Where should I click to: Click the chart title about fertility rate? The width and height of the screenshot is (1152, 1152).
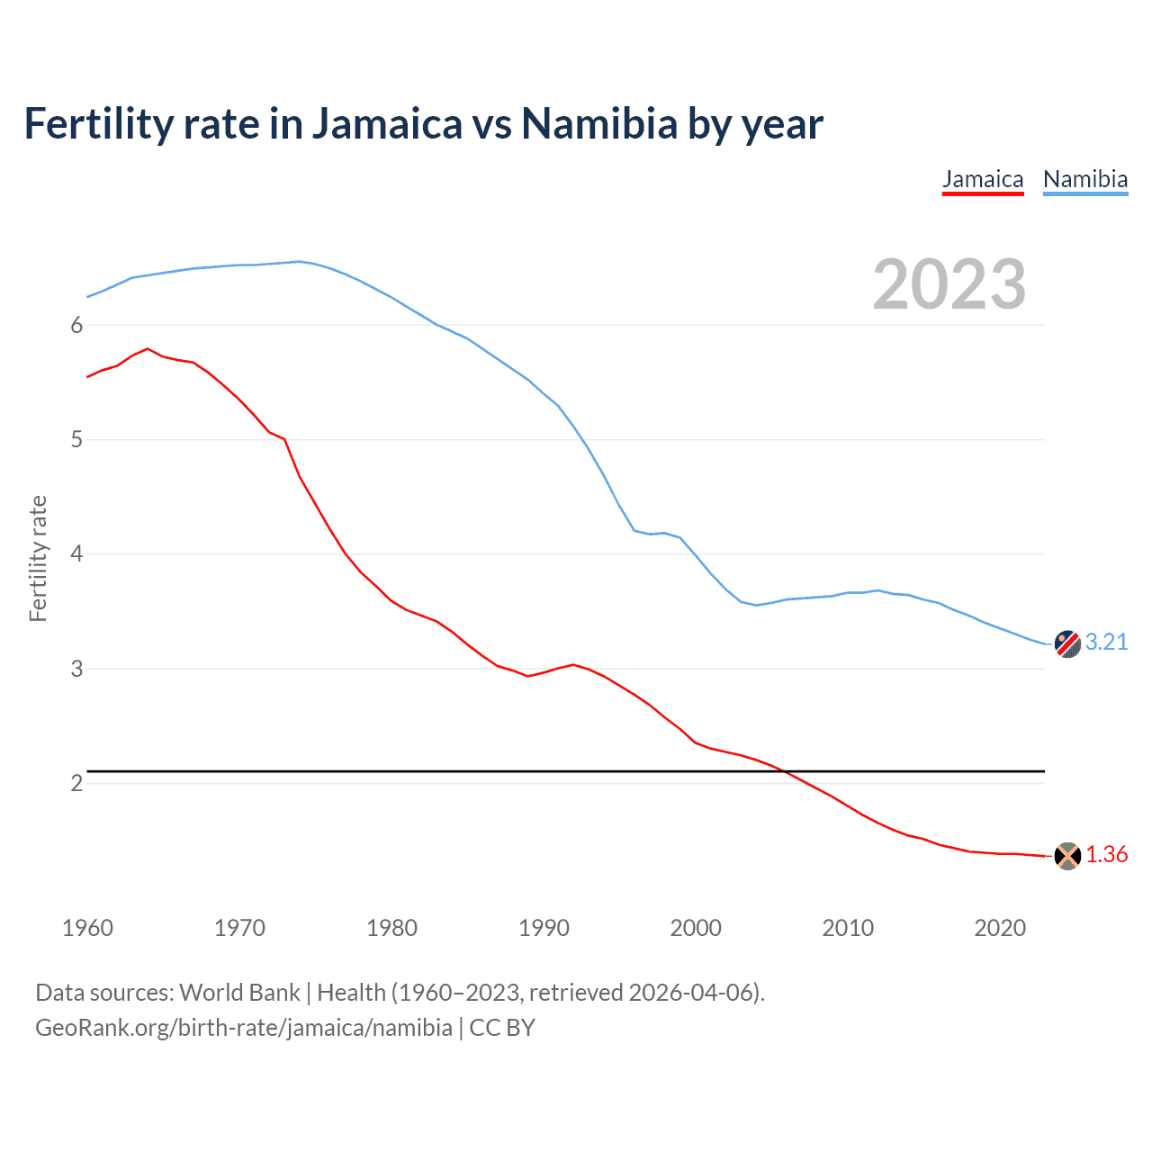click(x=423, y=124)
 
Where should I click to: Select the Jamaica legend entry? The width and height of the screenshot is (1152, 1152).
click(x=983, y=179)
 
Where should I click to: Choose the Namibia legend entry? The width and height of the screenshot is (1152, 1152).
click(x=1085, y=179)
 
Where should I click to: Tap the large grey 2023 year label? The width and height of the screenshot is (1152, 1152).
click(x=949, y=284)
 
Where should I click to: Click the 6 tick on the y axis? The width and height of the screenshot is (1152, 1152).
click(x=76, y=325)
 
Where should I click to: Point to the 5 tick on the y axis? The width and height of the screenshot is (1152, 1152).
click(x=76, y=439)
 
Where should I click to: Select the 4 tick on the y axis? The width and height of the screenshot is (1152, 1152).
click(x=76, y=553)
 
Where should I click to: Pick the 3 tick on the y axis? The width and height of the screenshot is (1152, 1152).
click(x=76, y=669)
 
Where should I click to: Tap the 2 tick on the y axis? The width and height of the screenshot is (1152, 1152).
click(x=76, y=783)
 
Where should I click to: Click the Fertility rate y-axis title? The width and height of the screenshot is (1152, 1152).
click(x=38, y=558)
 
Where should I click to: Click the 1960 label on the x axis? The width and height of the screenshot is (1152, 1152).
click(x=87, y=928)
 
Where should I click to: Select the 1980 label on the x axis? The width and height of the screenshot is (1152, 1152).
click(x=391, y=928)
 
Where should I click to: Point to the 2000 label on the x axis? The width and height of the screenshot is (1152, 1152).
click(x=696, y=928)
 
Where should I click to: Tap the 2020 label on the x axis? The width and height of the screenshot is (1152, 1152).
click(x=1000, y=928)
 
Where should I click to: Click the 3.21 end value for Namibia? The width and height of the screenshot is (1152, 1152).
click(x=1106, y=642)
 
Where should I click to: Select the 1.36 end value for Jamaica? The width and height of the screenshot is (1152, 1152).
click(x=1106, y=854)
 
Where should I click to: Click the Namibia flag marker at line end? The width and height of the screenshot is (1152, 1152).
click(x=1067, y=643)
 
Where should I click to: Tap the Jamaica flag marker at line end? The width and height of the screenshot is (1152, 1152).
click(x=1067, y=856)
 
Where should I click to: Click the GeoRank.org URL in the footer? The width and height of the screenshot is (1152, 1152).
click(x=244, y=1028)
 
